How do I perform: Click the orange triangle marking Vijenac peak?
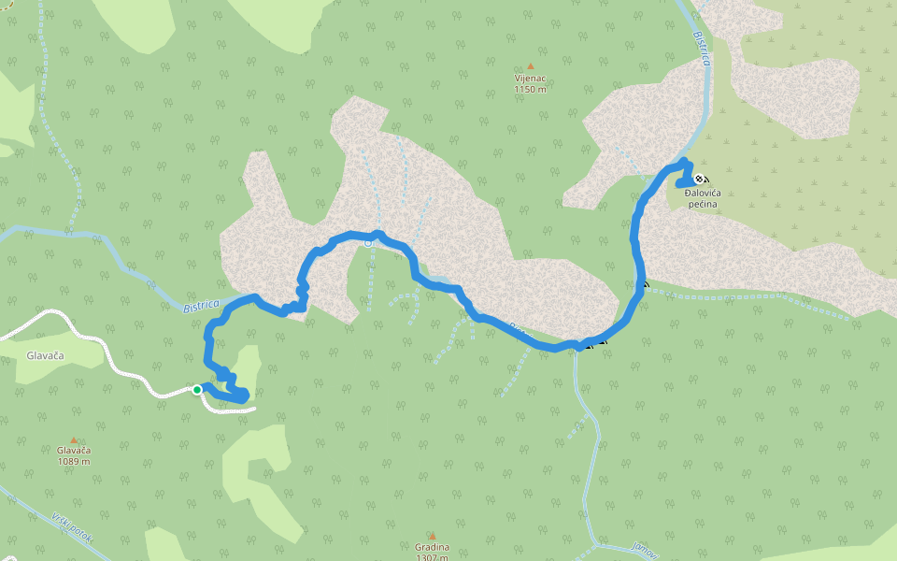click(x=531, y=66)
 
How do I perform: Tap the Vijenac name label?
click(x=530, y=79)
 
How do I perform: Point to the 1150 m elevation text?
click(x=530, y=90)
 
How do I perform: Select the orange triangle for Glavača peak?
click(x=74, y=439)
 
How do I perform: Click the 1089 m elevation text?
click(x=73, y=461)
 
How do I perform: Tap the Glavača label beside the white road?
click(x=44, y=355)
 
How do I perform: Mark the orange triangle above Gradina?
click(x=432, y=536)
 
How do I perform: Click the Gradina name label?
click(x=432, y=547)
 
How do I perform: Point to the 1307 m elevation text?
click(x=432, y=557)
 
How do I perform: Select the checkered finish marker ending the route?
click(x=700, y=180)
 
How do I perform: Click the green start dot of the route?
click(x=197, y=389)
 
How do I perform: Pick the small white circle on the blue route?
click(x=368, y=243)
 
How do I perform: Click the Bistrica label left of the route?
click(x=201, y=306)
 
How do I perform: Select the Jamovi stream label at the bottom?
click(x=645, y=552)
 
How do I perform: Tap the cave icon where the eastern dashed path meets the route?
click(x=645, y=284)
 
